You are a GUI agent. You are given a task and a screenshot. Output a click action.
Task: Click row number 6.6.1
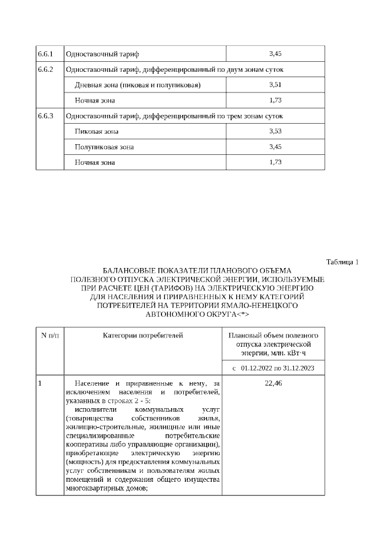(45, 54)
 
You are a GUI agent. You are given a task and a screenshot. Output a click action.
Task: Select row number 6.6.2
(45, 70)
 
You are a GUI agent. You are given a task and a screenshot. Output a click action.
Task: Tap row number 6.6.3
(45, 116)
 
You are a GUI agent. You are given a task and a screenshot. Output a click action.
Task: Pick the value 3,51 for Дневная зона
(275, 85)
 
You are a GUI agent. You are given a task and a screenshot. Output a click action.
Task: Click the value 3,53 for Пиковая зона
(275, 131)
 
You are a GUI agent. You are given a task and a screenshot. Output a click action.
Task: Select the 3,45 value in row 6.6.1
(275, 54)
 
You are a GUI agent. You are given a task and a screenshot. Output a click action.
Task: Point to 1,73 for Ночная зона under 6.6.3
(275, 162)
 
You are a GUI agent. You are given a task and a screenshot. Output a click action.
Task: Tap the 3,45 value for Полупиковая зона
(275, 147)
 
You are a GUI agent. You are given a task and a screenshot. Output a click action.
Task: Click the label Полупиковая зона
(104, 147)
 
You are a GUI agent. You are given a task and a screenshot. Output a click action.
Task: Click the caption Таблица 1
(342, 261)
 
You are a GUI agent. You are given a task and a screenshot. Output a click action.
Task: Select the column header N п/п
(49, 336)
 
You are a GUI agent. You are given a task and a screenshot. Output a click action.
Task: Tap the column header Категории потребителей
(143, 336)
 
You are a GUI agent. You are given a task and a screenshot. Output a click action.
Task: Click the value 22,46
(274, 383)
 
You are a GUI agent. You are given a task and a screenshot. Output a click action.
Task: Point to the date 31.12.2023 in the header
(297, 368)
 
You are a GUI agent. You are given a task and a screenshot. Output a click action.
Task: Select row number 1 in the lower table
(40, 383)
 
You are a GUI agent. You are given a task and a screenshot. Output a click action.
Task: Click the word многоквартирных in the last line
(92, 488)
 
